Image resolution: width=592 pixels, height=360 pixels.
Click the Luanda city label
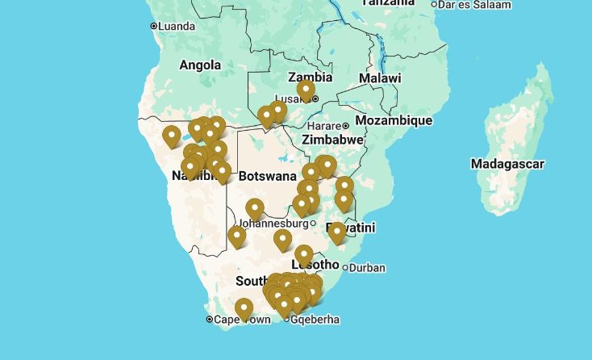pyautogui.click(x=177, y=27)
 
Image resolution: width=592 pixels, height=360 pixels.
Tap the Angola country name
pyautogui.click(x=199, y=65)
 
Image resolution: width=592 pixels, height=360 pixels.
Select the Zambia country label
pyautogui.click(x=311, y=77)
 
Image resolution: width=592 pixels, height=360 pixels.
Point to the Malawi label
pyautogui.click(x=379, y=78)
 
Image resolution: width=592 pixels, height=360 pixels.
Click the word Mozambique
pyautogui.click(x=394, y=120)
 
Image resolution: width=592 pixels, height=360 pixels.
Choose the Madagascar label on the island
pyautogui.click(x=507, y=164)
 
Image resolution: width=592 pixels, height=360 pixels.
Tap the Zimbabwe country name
pyautogui.click(x=331, y=140)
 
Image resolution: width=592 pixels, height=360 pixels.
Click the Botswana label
pyautogui.click(x=268, y=176)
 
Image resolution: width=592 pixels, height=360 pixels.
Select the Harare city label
pyautogui.click(x=325, y=126)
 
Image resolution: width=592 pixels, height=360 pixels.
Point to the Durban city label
pyautogui.click(x=368, y=268)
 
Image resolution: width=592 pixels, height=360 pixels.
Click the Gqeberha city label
pyautogui.click(x=315, y=320)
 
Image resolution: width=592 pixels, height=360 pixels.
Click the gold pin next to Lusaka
pyautogui.click(x=306, y=90)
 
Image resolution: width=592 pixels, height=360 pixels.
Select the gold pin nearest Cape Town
pyautogui.click(x=244, y=308)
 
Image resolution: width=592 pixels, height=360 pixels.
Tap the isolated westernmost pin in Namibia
pyautogui.click(x=171, y=136)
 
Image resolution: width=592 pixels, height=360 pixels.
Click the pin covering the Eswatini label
pyautogui.click(x=337, y=232)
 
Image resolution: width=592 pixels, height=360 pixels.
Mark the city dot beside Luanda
pyautogui.click(x=153, y=27)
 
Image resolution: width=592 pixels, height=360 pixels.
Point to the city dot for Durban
pyautogui.click(x=345, y=268)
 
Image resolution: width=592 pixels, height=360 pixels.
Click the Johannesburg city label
pyautogui.click(x=273, y=223)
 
